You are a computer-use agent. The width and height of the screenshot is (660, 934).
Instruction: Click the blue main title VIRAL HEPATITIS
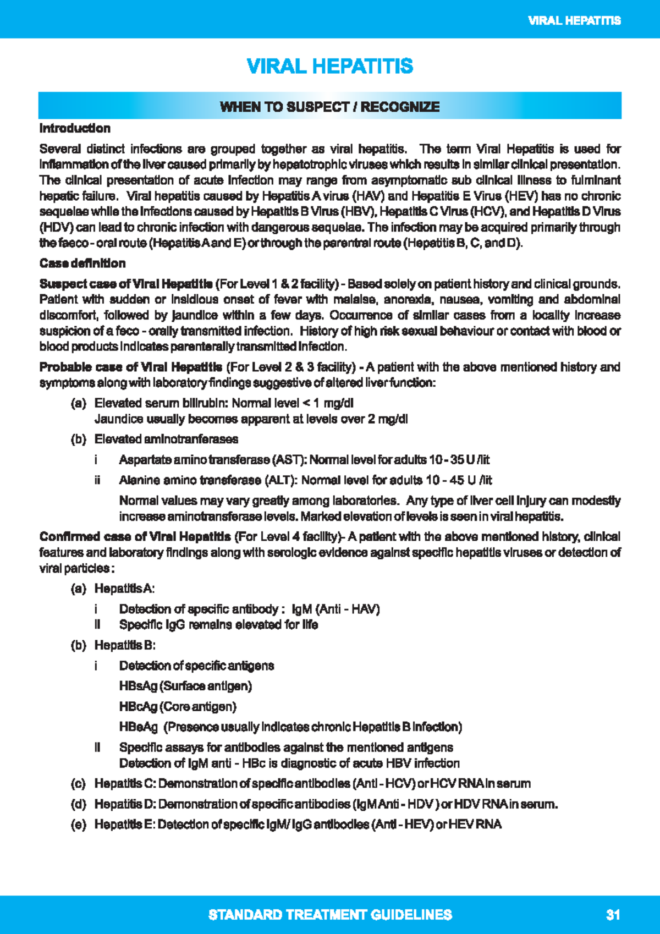pyautogui.click(x=329, y=67)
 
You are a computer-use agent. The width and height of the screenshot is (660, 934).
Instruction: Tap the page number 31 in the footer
pyautogui.click(x=613, y=915)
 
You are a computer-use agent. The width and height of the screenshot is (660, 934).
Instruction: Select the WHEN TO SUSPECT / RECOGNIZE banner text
pyautogui.click(x=329, y=107)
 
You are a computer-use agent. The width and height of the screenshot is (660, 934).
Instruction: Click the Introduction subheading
pyautogui.click(x=75, y=128)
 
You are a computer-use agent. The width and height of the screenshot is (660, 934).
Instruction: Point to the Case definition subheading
pyautogui.click(x=82, y=263)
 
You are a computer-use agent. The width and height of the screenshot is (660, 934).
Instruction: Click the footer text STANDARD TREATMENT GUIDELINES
pyautogui.click(x=330, y=915)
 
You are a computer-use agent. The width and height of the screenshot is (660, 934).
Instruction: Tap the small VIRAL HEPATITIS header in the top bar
pyautogui.click(x=574, y=21)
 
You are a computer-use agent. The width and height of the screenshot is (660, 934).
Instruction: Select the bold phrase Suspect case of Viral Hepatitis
pyautogui.click(x=126, y=284)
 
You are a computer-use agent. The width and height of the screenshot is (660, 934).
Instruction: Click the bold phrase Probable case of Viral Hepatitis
pyautogui.click(x=130, y=367)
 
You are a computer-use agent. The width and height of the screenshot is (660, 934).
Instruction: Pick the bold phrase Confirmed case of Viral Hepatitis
pyautogui.click(x=135, y=536)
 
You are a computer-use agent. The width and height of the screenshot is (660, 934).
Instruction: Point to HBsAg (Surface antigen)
pyautogui.click(x=185, y=686)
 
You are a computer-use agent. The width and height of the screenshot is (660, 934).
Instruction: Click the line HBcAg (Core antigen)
pyautogui.click(x=178, y=706)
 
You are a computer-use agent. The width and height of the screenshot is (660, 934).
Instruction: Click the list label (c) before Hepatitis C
pyautogui.click(x=78, y=783)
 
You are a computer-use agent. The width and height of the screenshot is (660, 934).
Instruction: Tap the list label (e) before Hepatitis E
pyautogui.click(x=78, y=825)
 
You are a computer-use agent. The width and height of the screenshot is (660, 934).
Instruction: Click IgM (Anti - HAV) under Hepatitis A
pyautogui.click(x=335, y=609)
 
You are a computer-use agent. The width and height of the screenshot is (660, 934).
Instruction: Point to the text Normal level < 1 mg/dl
pyautogui.click(x=292, y=403)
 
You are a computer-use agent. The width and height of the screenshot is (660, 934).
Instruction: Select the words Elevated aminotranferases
pyautogui.click(x=166, y=439)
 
